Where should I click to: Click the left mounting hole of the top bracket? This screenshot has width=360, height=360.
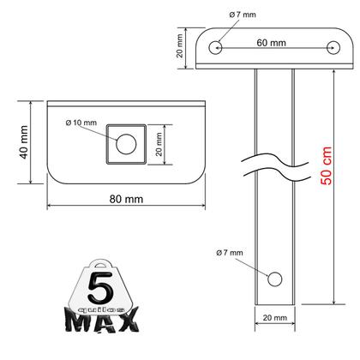218,48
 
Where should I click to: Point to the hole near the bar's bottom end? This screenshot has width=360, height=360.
274,278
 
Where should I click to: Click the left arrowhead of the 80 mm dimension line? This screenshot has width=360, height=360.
50,207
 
